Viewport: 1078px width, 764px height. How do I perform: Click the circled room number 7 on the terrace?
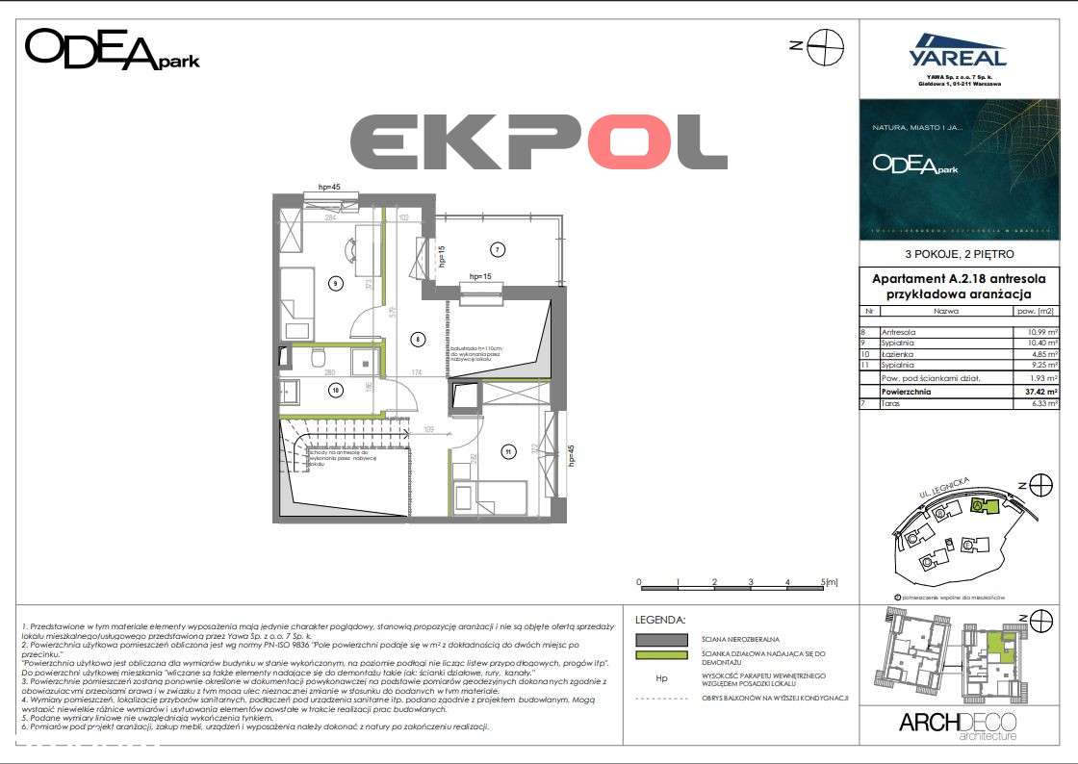[497, 250]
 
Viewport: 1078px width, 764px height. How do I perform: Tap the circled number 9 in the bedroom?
[334, 283]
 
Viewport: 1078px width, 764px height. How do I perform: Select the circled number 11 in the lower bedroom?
[506, 449]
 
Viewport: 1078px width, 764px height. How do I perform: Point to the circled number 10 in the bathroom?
[335, 390]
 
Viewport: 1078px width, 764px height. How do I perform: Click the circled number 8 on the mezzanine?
[417, 338]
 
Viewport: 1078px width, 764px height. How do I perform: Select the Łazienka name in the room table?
[899, 354]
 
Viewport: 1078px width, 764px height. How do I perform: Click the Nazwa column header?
[945, 312]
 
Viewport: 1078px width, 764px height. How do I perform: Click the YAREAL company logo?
[958, 56]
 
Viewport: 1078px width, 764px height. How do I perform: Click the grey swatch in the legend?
[660, 639]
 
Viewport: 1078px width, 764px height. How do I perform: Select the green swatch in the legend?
[660, 656]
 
